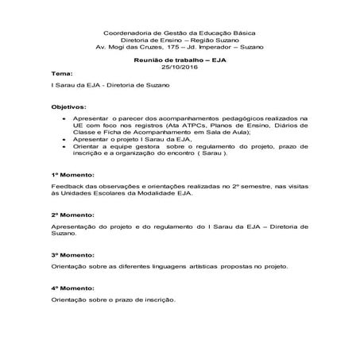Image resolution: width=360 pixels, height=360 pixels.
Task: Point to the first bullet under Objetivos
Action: [x=64, y=116]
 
